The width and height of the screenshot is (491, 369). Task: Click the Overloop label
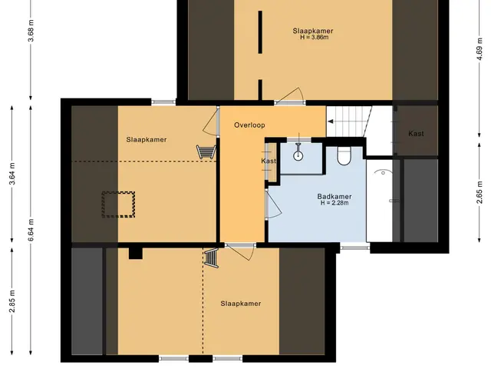249,125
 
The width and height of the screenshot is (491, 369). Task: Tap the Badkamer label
334,197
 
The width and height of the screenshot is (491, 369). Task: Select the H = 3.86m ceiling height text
315,38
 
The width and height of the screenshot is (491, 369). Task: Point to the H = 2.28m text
334,203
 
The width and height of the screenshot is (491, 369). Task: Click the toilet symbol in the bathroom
344,155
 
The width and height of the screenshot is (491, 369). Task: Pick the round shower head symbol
298,155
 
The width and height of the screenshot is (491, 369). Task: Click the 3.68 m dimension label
31,31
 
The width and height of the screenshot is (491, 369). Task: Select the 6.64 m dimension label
31,231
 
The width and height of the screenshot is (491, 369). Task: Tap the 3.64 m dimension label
12,175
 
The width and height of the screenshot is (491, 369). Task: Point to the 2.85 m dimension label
12,301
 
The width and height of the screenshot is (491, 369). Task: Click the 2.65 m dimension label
479,192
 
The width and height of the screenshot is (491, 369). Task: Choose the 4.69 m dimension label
479,48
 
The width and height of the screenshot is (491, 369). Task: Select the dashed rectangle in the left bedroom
119,204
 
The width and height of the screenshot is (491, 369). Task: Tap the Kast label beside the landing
269,161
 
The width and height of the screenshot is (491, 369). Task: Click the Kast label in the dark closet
416,134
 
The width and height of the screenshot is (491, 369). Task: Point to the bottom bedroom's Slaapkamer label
240,304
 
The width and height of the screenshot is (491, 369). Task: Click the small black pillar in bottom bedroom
136,253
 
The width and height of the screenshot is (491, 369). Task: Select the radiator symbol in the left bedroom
206,151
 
